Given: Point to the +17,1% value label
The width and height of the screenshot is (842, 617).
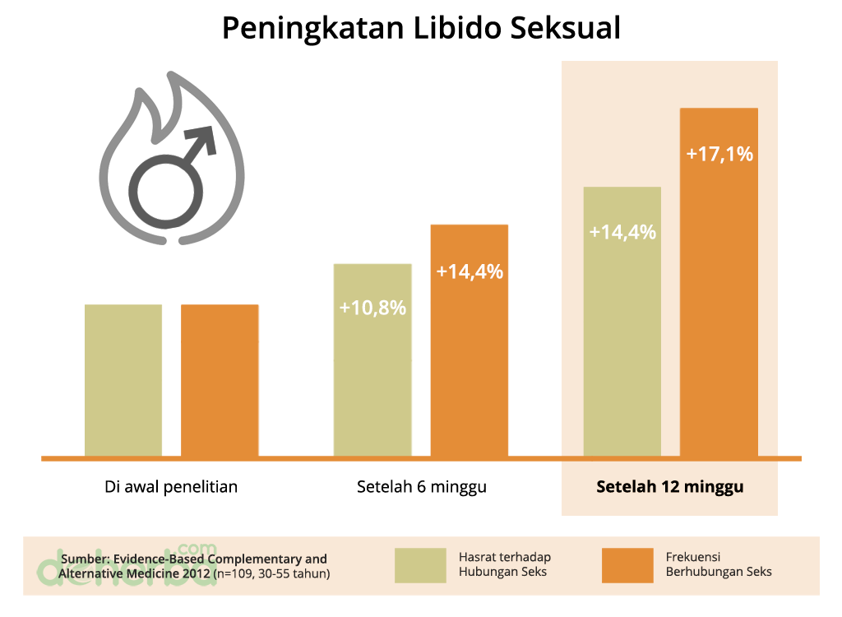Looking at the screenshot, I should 719,154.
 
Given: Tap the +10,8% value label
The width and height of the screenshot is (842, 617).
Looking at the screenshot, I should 372,308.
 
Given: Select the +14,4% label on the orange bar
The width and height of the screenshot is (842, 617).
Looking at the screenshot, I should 470,271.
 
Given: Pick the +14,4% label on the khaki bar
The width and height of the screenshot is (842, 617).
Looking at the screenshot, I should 622,232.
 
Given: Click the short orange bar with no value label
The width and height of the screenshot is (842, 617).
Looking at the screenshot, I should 220,378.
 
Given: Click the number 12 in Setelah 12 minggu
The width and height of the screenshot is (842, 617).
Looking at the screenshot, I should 671,486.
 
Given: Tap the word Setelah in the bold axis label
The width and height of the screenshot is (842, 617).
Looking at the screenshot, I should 626,486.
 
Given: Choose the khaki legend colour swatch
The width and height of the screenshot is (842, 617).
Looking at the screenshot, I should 420,565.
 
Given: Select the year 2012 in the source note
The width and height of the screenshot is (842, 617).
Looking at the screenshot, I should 193,573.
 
